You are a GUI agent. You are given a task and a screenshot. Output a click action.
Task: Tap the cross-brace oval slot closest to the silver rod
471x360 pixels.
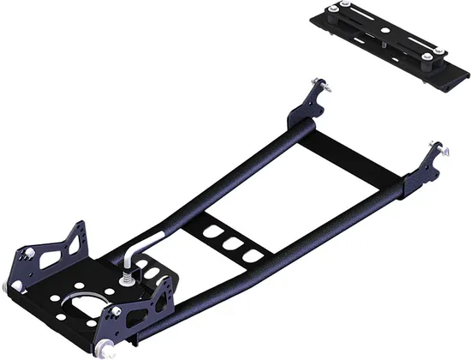click(211, 232)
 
